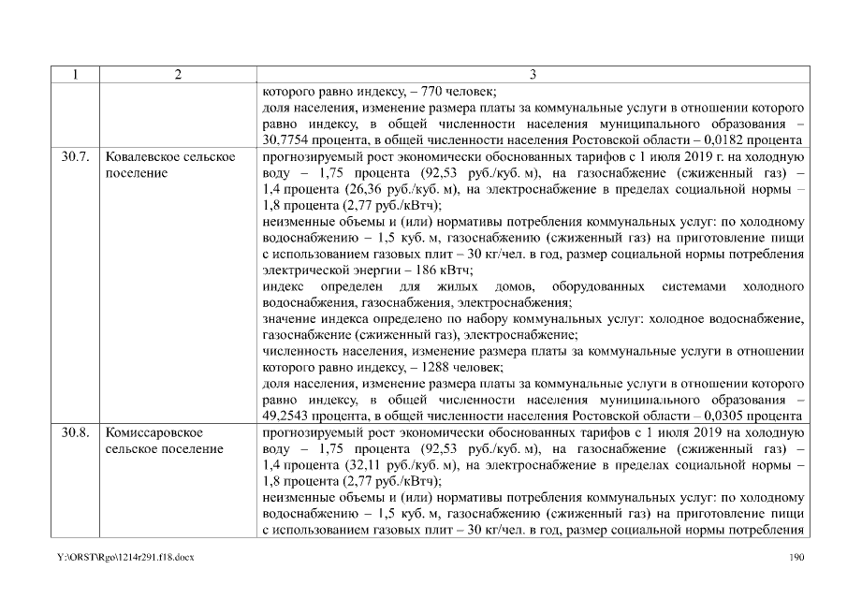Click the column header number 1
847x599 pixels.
click(74, 75)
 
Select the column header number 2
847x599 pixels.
click(177, 75)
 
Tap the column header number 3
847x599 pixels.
click(533, 75)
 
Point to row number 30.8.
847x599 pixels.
click(75, 433)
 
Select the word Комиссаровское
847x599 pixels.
click(154, 433)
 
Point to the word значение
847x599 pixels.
click(288, 319)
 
